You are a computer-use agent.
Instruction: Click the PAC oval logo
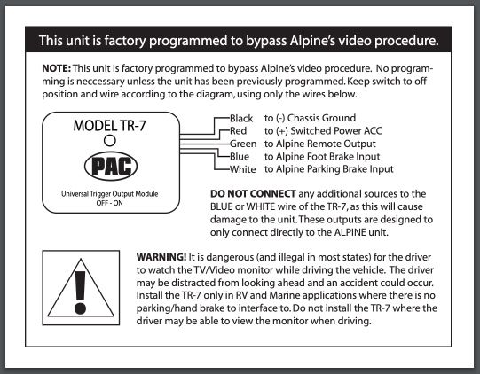coord(111,167)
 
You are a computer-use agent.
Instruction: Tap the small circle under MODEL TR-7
coord(110,141)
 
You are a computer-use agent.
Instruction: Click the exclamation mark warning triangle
coord(81,287)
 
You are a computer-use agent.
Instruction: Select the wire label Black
coord(241,119)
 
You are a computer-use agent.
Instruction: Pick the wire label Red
coord(238,131)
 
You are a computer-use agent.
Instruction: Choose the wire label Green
coord(243,144)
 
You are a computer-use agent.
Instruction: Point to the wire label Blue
coord(240,157)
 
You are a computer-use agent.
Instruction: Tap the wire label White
coord(243,169)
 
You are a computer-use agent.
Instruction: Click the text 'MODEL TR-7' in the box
coord(110,126)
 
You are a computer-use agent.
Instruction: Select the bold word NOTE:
coord(56,68)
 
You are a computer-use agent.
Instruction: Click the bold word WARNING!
coord(161,257)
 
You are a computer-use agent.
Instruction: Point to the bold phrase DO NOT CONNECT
coord(253,193)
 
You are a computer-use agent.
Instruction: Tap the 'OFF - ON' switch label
coord(110,203)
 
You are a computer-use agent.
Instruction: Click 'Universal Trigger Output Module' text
coord(110,194)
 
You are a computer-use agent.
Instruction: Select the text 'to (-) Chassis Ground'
coord(311,118)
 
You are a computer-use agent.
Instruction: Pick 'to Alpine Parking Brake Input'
coord(329,169)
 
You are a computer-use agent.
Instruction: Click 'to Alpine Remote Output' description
coord(320,144)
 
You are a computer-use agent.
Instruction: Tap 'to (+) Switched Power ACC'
coord(323,131)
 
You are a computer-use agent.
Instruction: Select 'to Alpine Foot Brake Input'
coord(322,157)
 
